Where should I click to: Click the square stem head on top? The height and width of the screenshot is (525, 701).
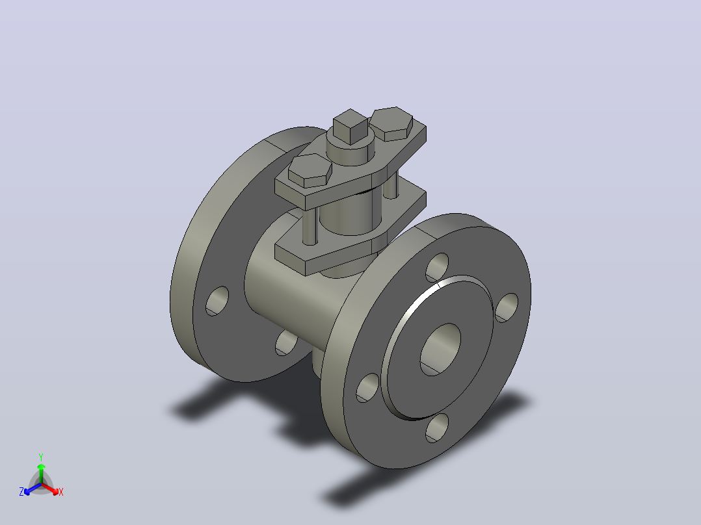point(351,127)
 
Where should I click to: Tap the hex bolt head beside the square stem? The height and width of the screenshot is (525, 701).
point(391,123)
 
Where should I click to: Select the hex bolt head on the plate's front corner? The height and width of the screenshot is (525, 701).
point(310,170)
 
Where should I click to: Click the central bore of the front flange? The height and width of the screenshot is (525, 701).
point(440,350)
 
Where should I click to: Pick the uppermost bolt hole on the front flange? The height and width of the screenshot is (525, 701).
point(437,268)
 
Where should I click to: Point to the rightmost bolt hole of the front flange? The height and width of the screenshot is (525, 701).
point(507,308)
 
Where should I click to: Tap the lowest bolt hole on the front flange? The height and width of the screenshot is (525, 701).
point(437,428)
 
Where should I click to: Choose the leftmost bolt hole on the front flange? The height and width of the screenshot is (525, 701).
point(368,388)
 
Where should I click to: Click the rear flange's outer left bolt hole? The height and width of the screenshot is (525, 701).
point(217,301)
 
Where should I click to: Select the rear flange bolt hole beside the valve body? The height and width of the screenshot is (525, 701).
point(286,343)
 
